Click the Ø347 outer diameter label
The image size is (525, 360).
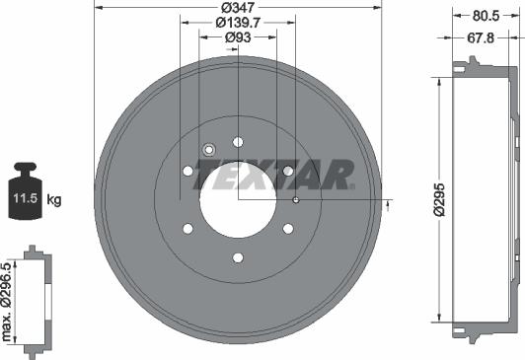tap(237, 6)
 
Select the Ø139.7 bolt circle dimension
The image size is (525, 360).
tap(237, 22)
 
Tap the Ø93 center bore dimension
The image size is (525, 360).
tap(237, 37)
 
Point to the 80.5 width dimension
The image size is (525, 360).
tap(484, 16)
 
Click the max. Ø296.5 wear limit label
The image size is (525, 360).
tap(8, 302)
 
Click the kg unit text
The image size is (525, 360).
tap(54, 200)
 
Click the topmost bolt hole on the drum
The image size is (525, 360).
tap(238, 141)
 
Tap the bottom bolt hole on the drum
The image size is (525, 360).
tap(238, 258)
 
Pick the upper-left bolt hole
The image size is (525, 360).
tap(187, 172)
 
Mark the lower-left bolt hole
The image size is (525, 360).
tap(187, 230)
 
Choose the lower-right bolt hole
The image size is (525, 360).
tap(288, 229)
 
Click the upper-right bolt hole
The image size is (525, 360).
tap(288, 171)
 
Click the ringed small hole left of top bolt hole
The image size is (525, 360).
tap(208, 150)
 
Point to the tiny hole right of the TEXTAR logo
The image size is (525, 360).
tap(296, 199)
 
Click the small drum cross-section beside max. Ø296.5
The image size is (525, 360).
tap(37, 302)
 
